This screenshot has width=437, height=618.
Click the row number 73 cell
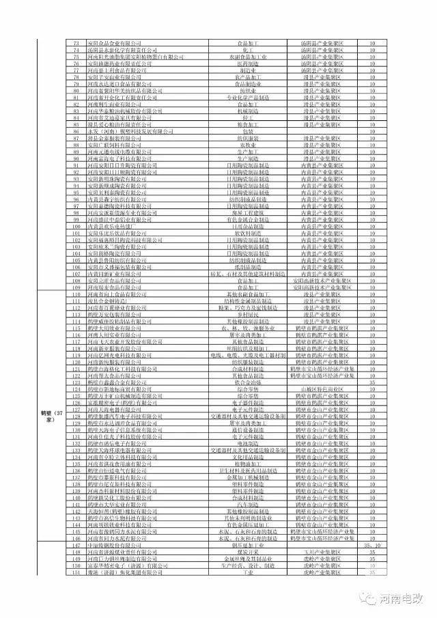click(x=77, y=43)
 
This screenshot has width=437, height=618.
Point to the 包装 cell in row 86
click(x=247, y=132)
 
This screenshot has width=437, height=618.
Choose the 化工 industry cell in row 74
click(x=247, y=50)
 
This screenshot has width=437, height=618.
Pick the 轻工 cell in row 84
click(x=247, y=118)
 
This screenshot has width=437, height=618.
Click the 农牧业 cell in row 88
click(x=247, y=145)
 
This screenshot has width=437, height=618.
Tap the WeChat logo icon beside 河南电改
click(x=371, y=598)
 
